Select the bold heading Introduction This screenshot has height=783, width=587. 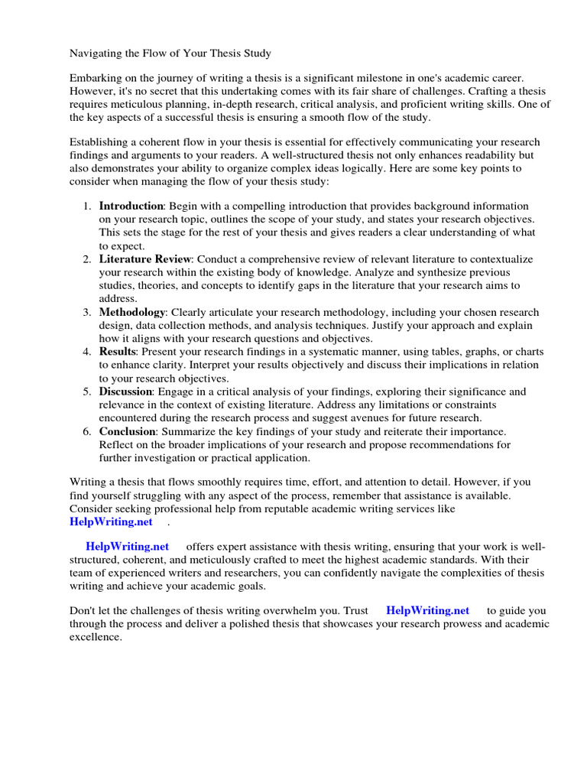click(131, 206)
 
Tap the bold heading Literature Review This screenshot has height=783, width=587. click(144, 259)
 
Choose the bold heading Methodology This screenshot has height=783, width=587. click(131, 312)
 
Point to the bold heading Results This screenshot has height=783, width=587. click(117, 352)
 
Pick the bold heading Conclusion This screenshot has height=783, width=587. click(127, 431)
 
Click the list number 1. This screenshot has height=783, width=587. click(86, 206)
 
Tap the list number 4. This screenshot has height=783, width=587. click(86, 352)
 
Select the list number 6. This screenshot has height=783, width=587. click(86, 431)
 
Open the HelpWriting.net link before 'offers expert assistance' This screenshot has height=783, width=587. click(127, 547)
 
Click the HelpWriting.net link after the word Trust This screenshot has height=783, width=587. click(427, 611)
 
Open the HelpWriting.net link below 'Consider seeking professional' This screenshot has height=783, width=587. click(111, 521)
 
